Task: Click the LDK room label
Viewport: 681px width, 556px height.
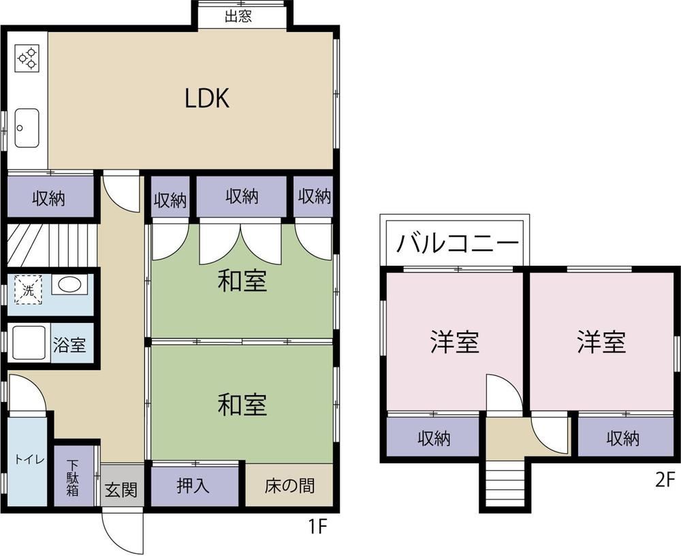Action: coord(207,98)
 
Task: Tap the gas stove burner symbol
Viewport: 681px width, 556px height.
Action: coord(27,58)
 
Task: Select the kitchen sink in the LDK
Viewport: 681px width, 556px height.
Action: coord(27,128)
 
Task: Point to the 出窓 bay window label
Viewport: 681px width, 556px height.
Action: coord(238,16)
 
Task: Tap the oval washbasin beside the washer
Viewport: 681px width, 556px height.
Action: coord(69,285)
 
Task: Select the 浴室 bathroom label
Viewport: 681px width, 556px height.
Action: coord(69,345)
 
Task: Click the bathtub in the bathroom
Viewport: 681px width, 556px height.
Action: coord(29,343)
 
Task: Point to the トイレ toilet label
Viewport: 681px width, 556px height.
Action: coord(29,459)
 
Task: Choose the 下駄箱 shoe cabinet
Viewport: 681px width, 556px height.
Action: coord(73,478)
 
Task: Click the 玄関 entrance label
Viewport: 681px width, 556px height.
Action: coord(121,490)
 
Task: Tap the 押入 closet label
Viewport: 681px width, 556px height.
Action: coord(193,485)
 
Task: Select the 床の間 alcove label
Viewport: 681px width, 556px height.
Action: coord(289,486)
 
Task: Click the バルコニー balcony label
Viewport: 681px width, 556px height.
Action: coord(458,243)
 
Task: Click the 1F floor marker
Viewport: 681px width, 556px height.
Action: coord(317,527)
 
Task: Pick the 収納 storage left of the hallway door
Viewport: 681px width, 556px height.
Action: coord(50,197)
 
